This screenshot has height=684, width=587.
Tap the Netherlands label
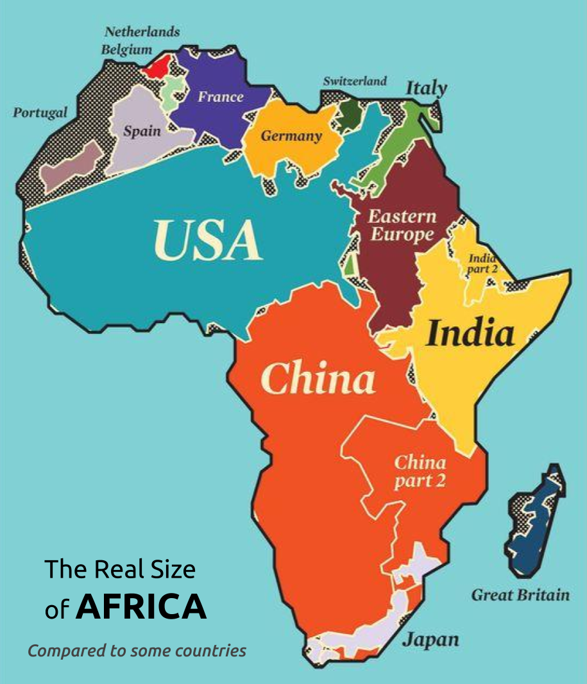[142, 31]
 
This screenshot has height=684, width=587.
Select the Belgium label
[126, 49]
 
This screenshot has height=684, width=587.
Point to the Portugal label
[40, 113]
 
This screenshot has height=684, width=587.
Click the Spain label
[142, 131]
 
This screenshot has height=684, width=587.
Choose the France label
[220, 97]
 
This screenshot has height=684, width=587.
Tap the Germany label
[291, 136]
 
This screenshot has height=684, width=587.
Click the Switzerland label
[355, 81]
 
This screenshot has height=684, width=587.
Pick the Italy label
[426, 88]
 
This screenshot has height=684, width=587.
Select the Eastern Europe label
[402, 225]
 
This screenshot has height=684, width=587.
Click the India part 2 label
[482, 263]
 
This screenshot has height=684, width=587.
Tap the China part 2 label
[420, 471]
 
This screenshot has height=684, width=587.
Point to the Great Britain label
[520, 595]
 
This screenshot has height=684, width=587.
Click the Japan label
[430, 639]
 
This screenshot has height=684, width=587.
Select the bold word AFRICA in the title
[141, 607]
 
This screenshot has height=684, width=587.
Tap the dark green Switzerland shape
[350, 113]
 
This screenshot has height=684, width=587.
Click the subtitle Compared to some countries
[137, 651]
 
